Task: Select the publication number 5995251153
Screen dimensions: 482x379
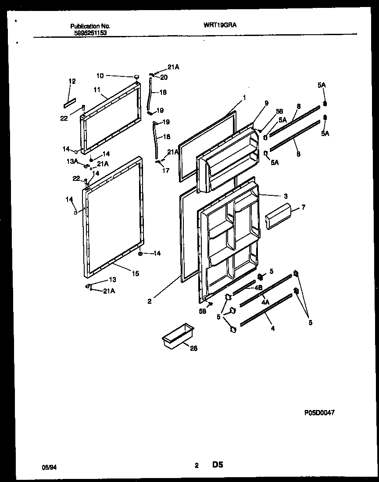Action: pyautogui.click(x=89, y=32)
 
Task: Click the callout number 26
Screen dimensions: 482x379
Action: pyautogui.click(x=193, y=349)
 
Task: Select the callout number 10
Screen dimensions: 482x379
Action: pyautogui.click(x=100, y=76)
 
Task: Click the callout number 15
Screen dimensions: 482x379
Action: pyautogui.click(x=135, y=273)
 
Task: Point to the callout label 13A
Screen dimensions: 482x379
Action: pyautogui.click(x=72, y=161)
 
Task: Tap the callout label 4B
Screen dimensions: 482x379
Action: pyautogui.click(x=258, y=288)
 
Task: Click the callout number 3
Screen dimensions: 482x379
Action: pyautogui.click(x=285, y=196)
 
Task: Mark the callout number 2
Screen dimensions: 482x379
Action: pyautogui.click(x=150, y=301)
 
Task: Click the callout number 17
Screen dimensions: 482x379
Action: pyautogui.click(x=165, y=171)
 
